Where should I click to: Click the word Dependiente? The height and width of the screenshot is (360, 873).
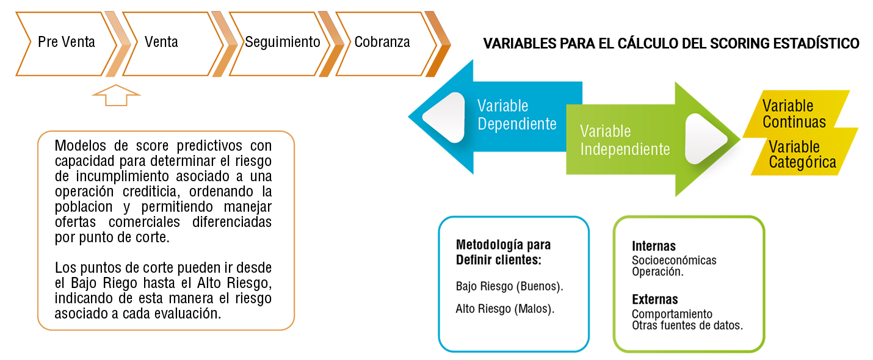coord(517,124)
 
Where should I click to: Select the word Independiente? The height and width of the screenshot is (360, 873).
coord(625,149)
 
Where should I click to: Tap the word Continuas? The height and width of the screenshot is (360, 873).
coord(794,122)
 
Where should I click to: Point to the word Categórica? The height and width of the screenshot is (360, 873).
coord(802,162)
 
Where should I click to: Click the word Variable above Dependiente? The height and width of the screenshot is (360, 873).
coord(502,106)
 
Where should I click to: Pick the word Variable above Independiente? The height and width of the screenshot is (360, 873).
coord(605,131)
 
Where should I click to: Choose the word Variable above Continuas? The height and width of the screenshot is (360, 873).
coord(788,106)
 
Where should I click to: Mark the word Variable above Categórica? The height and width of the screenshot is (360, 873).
coord(794,147)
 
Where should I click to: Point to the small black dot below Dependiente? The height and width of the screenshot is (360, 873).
coord(476,156)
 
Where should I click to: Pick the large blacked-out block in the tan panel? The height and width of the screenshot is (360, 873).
coord(165,229)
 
